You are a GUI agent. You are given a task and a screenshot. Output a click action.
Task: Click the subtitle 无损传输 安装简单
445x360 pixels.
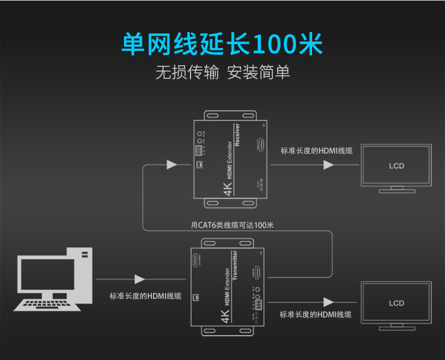coord(223,72)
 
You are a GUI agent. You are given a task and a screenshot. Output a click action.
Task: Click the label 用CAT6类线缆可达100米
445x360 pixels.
coord(232,225)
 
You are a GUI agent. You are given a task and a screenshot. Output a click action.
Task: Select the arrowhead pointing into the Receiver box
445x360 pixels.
coord(171,164)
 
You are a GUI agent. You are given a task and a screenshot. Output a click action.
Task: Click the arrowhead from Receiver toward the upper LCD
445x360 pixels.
coord(328,165)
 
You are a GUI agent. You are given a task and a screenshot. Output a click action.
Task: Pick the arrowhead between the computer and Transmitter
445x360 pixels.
coord(140,279)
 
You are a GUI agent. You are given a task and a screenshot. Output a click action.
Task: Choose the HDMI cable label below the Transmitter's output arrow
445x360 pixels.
coord(315,314)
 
